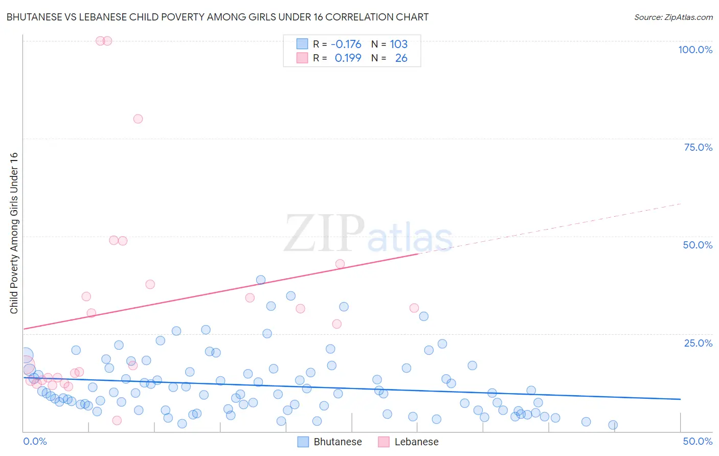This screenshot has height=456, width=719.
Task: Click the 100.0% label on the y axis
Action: pyautogui.click(x=695, y=50)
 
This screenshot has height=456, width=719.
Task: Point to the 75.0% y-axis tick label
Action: pyautogui.click(x=698, y=147)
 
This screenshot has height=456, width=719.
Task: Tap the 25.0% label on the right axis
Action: pyautogui.click(x=698, y=343)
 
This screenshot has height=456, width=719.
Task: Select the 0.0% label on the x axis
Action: pyautogui.click(x=35, y=441)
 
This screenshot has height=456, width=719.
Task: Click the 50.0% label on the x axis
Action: pyautogui.click(x=698, y=441)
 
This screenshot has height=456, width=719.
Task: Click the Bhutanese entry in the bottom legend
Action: pyautogui.click(x=338, y=442)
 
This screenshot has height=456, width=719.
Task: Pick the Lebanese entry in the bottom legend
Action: pyautogui.click(x=416, y=442)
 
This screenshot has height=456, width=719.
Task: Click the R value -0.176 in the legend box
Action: pyautogui.click(x=346, y=44)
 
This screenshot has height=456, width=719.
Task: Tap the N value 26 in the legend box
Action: pyautogui.click(x=401, y=58)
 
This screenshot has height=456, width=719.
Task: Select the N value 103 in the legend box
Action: pyautogui.click(x=398, y=44)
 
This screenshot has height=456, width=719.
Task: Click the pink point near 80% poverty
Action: pyautogui.click(x=138, y=119)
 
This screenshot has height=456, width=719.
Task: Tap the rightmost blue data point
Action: pyautogui.click(x=613, y=425)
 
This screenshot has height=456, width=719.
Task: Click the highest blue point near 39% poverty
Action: pyautogui.click(x=261, y=280)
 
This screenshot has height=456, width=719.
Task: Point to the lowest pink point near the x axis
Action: pyautogui.click(x=117, y=420)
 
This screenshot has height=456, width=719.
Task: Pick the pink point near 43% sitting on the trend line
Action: pyautogui.click(x=340, y=264)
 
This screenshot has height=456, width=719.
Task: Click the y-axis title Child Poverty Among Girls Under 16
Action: pyautogui.click(x=14, y=233)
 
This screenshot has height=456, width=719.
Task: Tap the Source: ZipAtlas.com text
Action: pyautogui.click(x=673, y=17)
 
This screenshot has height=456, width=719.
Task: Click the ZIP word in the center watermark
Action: pyautogui.click(x=324, y=234)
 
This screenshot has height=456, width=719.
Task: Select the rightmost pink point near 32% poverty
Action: pyautogui.click(x=414, y=308)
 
